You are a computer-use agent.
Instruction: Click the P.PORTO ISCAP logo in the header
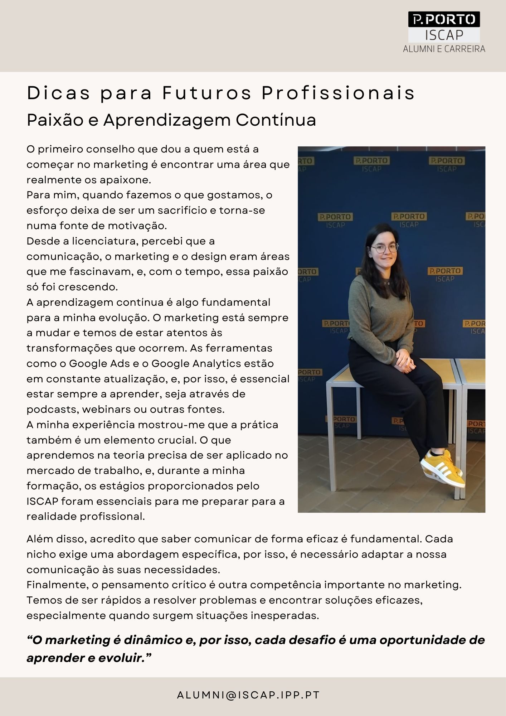click(x=444, y=27)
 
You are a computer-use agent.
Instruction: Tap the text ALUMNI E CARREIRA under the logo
click(x=444, y=49)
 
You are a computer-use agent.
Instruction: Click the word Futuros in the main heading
click(x=207, y=93)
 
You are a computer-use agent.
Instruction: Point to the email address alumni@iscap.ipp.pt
click(x=248, y=695)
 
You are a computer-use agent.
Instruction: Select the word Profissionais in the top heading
click(x=338, y=93)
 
